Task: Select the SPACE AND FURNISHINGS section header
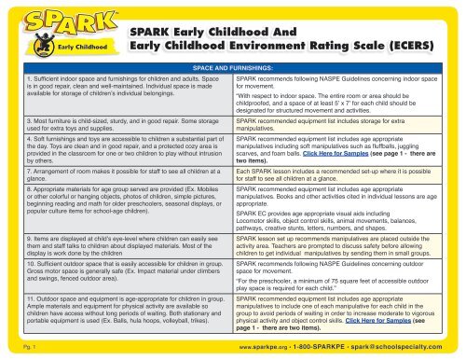pos(233,69)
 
